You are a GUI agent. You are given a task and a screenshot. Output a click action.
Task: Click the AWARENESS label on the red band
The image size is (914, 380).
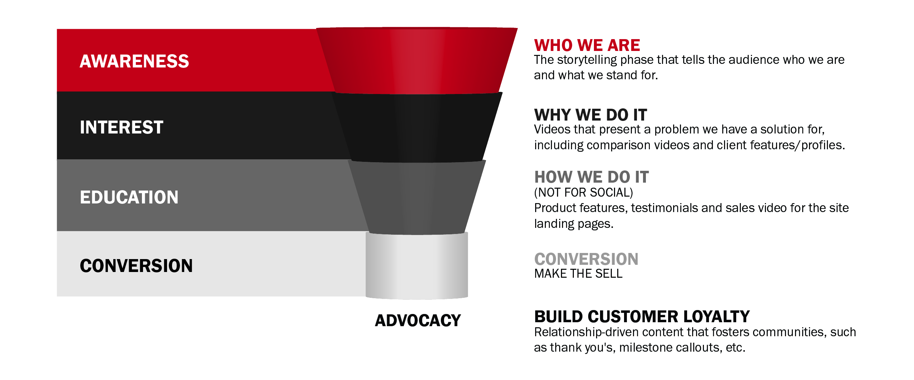(134, 61)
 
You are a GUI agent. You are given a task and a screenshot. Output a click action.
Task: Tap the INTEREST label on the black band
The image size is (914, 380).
(122, 127)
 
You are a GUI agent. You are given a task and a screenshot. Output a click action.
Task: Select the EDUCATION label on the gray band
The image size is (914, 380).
(129, 197)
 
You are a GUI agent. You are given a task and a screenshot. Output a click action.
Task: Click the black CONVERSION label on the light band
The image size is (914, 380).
(136, 266)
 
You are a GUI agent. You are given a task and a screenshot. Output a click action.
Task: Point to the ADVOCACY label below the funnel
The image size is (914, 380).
(418, 320)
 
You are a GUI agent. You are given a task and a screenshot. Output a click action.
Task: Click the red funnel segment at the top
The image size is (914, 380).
(417, 60)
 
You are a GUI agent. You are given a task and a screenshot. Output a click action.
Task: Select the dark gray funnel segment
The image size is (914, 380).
(417, 197)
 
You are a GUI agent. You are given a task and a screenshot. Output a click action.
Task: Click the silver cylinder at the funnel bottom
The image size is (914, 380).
(417, 266)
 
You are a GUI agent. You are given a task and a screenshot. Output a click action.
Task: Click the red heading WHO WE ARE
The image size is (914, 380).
(587, 46)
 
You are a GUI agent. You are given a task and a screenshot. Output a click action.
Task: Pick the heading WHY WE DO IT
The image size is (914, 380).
(591, 115)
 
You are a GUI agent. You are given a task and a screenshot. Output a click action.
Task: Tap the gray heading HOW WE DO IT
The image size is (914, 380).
(592, 177)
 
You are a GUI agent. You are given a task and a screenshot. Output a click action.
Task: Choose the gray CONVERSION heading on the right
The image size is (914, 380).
(586, 259)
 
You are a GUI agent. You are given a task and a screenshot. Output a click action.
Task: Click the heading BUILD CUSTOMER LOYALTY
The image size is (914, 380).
(642, 317)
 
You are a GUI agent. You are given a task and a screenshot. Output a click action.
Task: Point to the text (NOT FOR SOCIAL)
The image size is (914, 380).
(584, 193)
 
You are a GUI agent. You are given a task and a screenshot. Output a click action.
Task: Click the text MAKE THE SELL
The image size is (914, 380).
(579, 274)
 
